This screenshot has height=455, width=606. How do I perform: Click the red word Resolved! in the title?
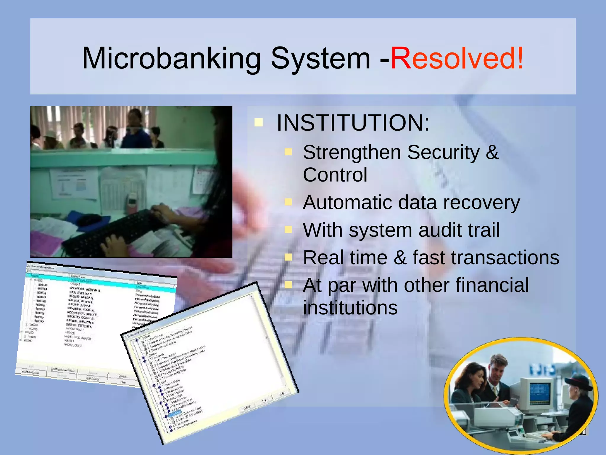click(457, 58)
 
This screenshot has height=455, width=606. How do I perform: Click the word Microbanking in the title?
click(171, 58)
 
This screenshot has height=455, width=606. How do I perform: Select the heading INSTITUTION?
click(353, 123)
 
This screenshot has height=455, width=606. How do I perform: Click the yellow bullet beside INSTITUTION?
click(259, 122)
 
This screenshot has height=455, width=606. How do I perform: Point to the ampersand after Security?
click(492, 152)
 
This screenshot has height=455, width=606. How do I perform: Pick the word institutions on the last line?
click(350, 308)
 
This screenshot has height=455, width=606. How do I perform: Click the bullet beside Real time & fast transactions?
click(288, 257)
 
